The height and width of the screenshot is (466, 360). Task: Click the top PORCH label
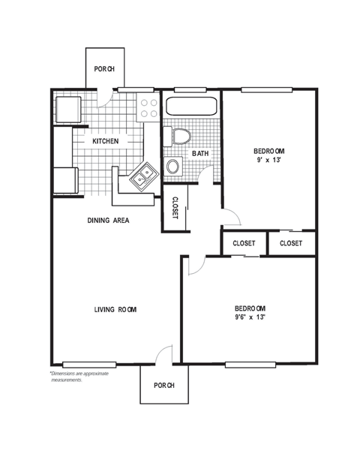pos(103,69)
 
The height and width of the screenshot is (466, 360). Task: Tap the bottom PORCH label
pos(164,385)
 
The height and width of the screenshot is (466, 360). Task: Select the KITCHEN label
pos(106,141)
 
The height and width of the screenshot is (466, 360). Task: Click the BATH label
pos(200,153)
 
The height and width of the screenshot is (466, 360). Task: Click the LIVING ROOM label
pos(115,309)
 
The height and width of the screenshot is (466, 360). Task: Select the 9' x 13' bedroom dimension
pos(270,159)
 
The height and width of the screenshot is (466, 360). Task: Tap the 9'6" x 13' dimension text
pos(250,317)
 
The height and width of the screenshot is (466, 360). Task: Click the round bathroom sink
pos(173,167)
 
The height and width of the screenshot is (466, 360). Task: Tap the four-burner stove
pos(148,108)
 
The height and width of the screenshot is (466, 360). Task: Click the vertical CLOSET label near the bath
pos(174,209)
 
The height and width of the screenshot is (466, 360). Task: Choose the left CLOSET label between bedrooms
pos(244,243)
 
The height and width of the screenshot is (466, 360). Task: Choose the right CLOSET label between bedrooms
pos(291,243)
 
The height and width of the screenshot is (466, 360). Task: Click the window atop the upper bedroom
pos(266,89)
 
